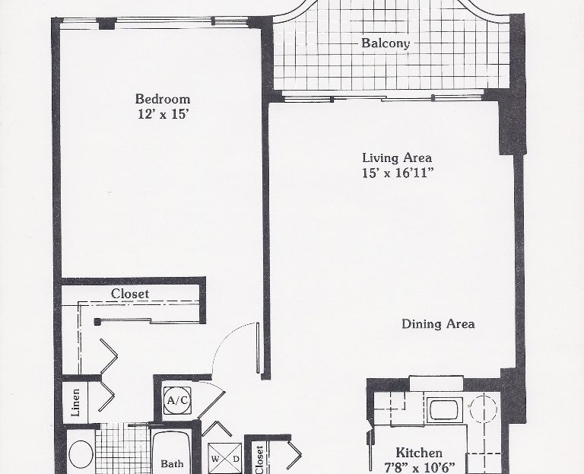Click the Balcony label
pyautogui.click(x=386, y=43)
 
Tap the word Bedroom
pyautogui.click(x=163, y=99)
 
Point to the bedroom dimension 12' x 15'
pyautogui.click(x=162, y=114)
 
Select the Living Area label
pyautogui.click(x=397, y=158)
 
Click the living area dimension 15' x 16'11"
pyautogui.click(x=398, y=173)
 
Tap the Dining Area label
pyautogui.click(x=438, y=324)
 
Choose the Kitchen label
pyautogui.click(x=419, y=453)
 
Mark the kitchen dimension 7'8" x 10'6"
pyautogui.click(x=420, y=467)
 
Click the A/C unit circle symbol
pyautogui.click(x=177, y=401)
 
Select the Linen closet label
pyautogui.click(x=75, y=402)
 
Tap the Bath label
pyautogui.click(x=172, y=464)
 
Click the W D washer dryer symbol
pyautogui.click(x=225, y=458)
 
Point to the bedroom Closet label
pyautogui.click(x=130, y=294)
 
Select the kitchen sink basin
pyautogui.click(x=444, y=410)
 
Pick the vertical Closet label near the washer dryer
pyautogui.click(x=259, y=460)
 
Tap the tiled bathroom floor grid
pyautogui.click(x=123, y=449)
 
